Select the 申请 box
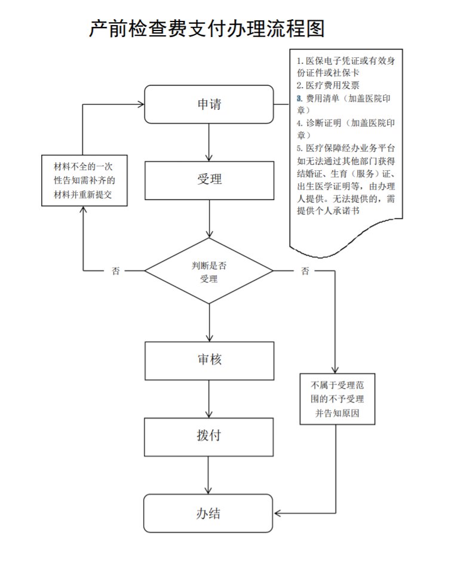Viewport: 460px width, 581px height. (x=209, y=105)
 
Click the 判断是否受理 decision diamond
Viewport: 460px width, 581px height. (x=209, y=270)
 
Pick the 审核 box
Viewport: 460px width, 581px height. (x=209, y=360)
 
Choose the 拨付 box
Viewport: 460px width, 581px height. (x=209, y=435)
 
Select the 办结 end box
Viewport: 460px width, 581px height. (x=209, y=513)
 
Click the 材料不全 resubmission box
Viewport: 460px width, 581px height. (x=83, y=180)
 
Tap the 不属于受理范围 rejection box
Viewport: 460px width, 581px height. (x=337, y=398)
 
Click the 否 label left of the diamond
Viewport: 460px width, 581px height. (x=115, y=271)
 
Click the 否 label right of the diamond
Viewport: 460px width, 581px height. (x=305, y=271)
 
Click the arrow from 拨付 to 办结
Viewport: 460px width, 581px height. (x=209, y=474)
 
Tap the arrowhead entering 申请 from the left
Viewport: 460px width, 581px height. (x=140, y=104)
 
